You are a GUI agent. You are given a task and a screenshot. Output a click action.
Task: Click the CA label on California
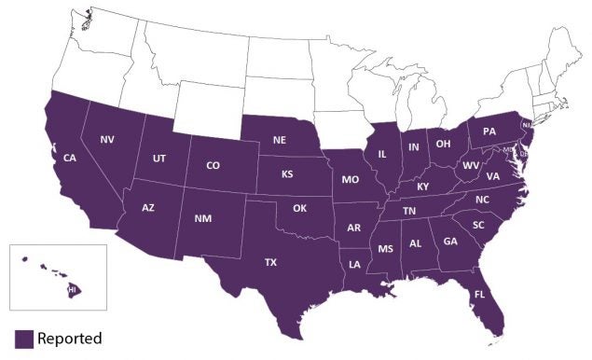[70, 159]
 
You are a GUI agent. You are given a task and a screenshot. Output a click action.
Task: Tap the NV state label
[107, 140]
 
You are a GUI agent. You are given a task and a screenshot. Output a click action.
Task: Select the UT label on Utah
[159, 159]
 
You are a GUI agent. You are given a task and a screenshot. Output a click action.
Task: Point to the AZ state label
[148, 207]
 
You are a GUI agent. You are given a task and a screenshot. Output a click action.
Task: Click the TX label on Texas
[270, 262]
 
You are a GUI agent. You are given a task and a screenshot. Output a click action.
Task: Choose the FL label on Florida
[479, 293]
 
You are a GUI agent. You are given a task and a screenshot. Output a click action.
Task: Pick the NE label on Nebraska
[279, 140]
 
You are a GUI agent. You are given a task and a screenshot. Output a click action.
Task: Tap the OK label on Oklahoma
[299, 208]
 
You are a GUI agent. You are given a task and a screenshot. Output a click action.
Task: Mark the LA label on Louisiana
[355, 264]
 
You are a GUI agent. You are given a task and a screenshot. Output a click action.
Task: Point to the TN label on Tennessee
[409, 212]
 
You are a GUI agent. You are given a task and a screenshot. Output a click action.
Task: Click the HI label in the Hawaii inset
[72, 291]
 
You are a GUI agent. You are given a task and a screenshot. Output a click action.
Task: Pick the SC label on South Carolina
[479, 226]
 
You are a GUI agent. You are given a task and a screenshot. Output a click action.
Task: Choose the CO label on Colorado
[213, 166]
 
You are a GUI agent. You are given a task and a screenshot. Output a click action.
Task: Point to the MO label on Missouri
[350, 178]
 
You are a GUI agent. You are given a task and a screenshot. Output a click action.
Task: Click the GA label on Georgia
[450, 242]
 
